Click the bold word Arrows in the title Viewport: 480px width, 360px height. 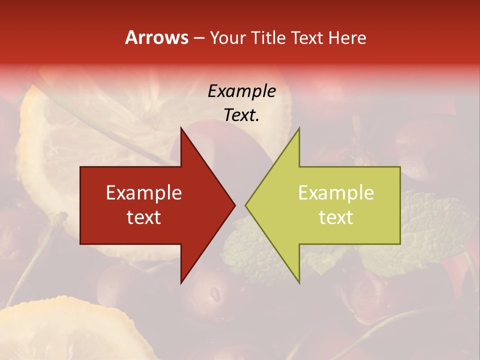[157, 37]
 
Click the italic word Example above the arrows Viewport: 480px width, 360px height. [241, 91]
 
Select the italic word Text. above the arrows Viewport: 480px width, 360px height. [241, 115]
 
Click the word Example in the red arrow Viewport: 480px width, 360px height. [144, 193]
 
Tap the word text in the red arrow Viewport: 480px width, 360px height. [144, 217]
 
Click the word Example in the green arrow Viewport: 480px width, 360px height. [336, 193]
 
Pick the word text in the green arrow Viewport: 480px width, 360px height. [336, 217]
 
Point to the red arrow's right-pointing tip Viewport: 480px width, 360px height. [234, 205]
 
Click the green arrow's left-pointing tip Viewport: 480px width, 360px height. [246, 205]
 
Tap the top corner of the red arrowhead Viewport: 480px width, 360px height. [181, 128]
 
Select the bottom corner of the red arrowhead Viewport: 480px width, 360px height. [181, 283]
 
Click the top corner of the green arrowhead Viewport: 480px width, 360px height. [299, 128]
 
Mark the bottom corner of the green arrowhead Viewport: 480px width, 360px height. [299, 283]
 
